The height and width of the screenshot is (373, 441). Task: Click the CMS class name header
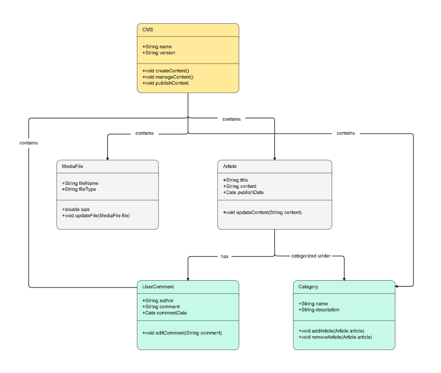pyautogui.click(x=148, y=30)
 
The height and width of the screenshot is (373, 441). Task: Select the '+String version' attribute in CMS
pyautogui.click(x=158, y=53)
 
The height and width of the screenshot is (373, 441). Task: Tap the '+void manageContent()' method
pyautogui.click(x=168, y=77)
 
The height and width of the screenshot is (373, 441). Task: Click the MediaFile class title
pyautogui.click(x=72, y=167)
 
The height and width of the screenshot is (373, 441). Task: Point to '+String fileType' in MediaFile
pyautogui.click(x=79, y=190)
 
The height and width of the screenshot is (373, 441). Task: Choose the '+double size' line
pyautogui.click(x=76, y=209)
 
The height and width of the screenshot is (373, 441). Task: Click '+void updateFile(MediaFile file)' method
pyautogui.click(x=96, y=216)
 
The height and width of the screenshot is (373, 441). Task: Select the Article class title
pyautogui.click(x=230, y=167)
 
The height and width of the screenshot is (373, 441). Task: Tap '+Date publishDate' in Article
pyautogui.click(x=243, y=193)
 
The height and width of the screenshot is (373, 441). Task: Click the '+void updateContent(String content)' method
pyautogui.click(x=262, y=213)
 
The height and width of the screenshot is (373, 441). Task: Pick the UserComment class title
pyautogui.click(x=158, y=287)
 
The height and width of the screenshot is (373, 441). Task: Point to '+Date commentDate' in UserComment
pyautogui.click(x=164, y=313)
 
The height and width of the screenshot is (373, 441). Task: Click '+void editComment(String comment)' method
pyautogui.click(x=182, y=333)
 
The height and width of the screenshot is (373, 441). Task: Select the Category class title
pyautogui.click(x=308, y=287)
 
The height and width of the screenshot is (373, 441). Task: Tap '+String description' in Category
pyautogui.click(x=319, y=310)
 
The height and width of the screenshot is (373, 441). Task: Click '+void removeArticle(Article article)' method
pyautogui.click(x=335, y=337)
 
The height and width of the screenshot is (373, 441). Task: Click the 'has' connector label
pyautogui.click(x=225, y=257)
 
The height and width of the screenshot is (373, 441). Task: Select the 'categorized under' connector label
pyautogui.click(x=311, y=256)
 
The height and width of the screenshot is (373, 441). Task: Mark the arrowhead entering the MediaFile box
pyautogui.click(x=107, y=158)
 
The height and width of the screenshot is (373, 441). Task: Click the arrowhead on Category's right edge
pyautogui.click(x=397, y=286)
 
